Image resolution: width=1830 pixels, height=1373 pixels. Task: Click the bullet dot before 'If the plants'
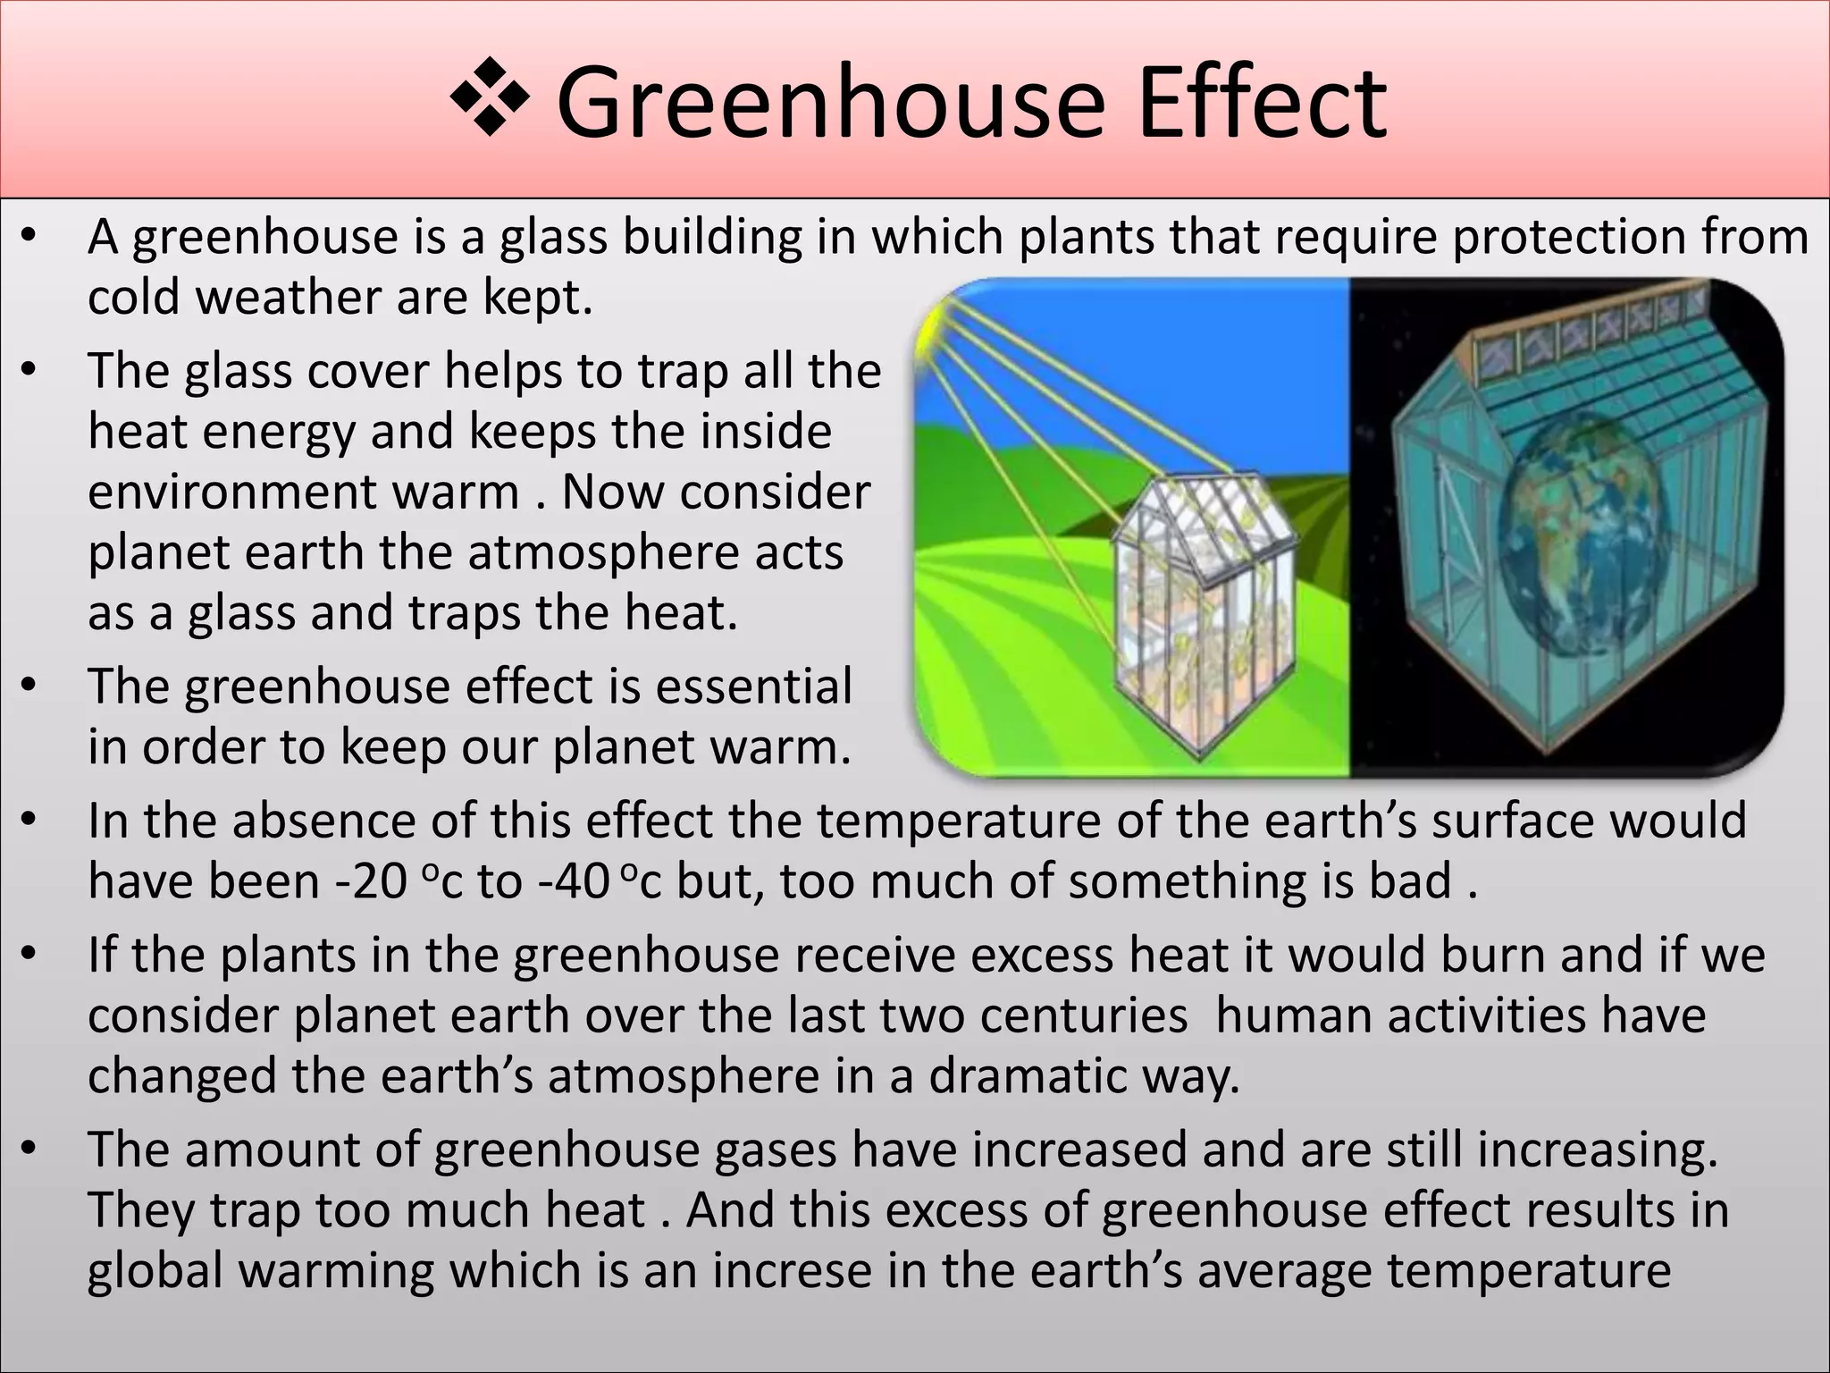[x=29, y=956]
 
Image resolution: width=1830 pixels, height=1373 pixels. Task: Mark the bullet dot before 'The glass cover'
[x=29, y=370]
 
